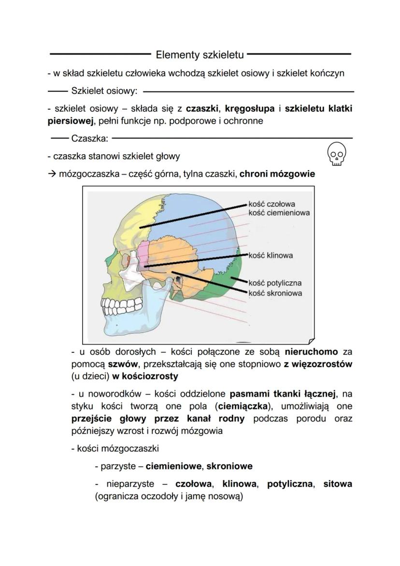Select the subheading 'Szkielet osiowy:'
104,90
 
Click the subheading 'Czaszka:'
89,139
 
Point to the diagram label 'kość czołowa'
272,204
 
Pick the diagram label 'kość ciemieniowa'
279,213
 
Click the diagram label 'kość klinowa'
271,255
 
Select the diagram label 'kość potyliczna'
275,283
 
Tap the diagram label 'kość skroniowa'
275,293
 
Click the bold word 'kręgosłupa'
250,108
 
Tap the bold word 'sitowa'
338,484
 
